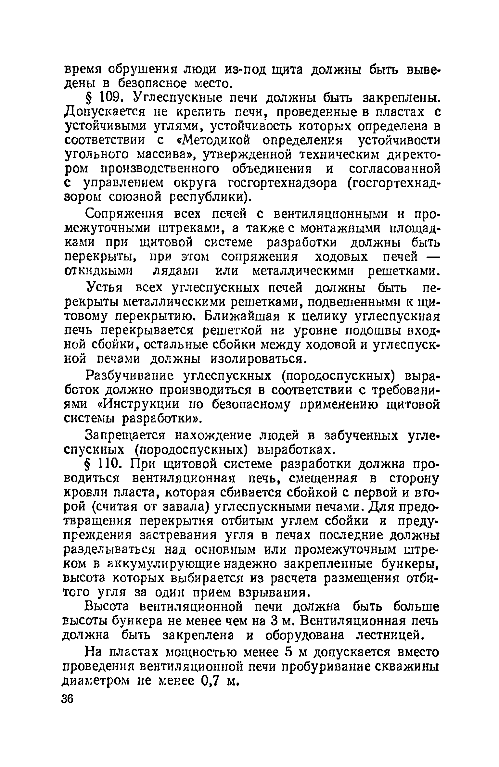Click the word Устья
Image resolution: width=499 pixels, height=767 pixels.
coord(105,288)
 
